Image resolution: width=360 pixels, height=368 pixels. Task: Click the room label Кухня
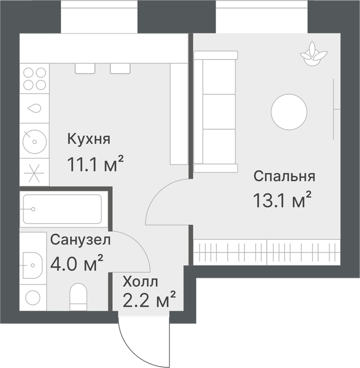click(x=89, y=139)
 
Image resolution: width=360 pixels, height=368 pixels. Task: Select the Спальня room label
click(x=284, y=177)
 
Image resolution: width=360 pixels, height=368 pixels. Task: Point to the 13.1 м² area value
click(x=282, y=200)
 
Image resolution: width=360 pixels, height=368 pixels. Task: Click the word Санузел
click(x=81, y=240)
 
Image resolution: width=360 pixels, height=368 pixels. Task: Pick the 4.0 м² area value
click(x=76, y=263)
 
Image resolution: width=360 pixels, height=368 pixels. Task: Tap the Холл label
click(x=140, y=282)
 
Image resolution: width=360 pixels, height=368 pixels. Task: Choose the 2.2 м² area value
click(x=149, y=300)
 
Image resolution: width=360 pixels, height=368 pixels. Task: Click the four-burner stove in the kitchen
click(x=35, y=79)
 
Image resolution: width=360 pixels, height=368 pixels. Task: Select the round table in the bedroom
click(x=289, y=112)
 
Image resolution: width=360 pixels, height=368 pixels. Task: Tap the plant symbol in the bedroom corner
click(x=313, y=53)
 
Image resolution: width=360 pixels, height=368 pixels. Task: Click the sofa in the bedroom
click(x=215, y=112)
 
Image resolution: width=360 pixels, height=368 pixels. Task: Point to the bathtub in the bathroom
click(x=63, y=209)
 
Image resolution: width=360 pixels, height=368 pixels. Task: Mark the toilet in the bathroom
click(x=78, y=297)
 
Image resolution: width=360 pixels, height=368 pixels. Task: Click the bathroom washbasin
click(x=33, y=265)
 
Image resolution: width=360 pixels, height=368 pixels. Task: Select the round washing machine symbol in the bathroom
click(x=33, y=298)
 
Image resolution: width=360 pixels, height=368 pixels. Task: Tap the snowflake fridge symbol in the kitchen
click(x=35, y=173)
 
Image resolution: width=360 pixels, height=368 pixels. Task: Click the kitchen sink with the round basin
click(x=35, y=141)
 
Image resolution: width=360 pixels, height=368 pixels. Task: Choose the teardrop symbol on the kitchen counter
click(x=35, y=108)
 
